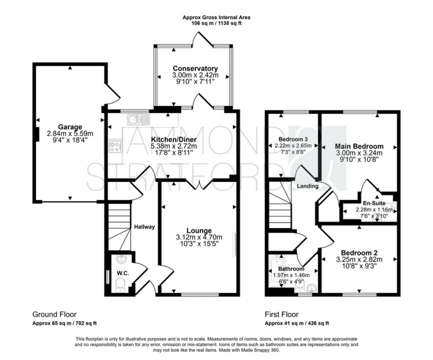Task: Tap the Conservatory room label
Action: click(195, 68)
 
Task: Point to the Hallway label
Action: click(144, 227)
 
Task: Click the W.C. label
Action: click(123, 273)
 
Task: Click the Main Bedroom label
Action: click(359, 146)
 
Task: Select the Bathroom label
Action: click(291, 269)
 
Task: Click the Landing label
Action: click(308, 186)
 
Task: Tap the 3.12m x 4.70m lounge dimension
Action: click(199, 237)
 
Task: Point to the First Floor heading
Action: click(281, 315)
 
